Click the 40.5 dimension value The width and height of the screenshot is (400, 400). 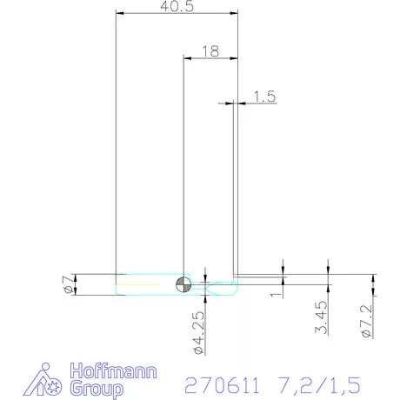click(176, 6)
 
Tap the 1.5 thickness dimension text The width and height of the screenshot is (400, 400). click(264, 97)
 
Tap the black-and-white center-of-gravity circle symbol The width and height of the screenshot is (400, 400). click(183, 283)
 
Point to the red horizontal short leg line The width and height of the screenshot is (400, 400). click(261, 277)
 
